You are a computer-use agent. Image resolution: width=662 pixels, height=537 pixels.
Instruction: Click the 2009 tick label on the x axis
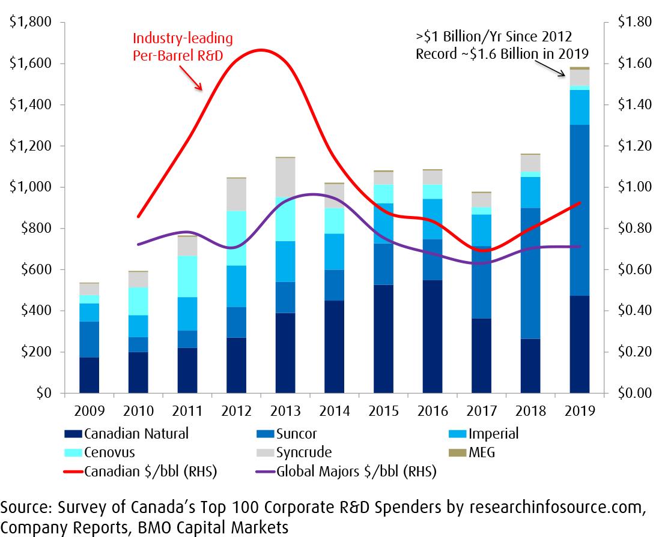coord(89,412)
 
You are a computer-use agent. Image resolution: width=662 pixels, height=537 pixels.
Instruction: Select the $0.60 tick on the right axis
coord(634,269)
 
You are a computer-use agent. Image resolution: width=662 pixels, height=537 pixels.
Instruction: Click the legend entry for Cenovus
coord(109,452)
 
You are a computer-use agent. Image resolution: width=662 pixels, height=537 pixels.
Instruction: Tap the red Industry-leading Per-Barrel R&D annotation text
coord(183,46)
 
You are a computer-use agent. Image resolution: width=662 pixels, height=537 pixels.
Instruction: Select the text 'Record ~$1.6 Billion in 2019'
coord(502,53)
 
